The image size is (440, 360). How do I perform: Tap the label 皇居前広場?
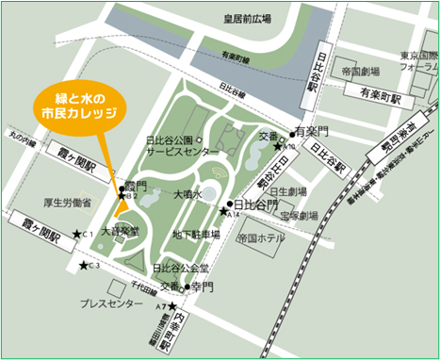click(x=250, y=18)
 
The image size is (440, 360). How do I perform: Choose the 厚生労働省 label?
click(x=67, y=202)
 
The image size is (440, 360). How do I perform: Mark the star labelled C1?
click(x=83, y=235)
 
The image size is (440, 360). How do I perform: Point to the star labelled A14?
click(x=223, y=210)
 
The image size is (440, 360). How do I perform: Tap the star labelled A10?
click(x=278, y=145)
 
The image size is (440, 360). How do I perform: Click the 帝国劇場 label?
click(x=361, y=72)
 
